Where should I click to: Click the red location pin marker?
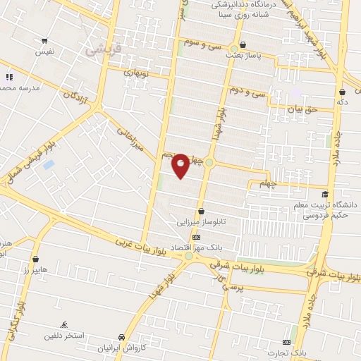(x=180, y=165)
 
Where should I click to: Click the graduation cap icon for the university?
(x=324, y=195)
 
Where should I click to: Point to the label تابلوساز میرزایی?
(x=203, y=221)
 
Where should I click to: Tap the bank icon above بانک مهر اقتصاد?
(x=196, y=237)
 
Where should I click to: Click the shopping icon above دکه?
(x=342, y=92)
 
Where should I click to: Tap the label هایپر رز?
(x=35, y=270)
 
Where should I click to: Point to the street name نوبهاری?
(x=139, y=72)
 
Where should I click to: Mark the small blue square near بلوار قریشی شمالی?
(x=48, y=164)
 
